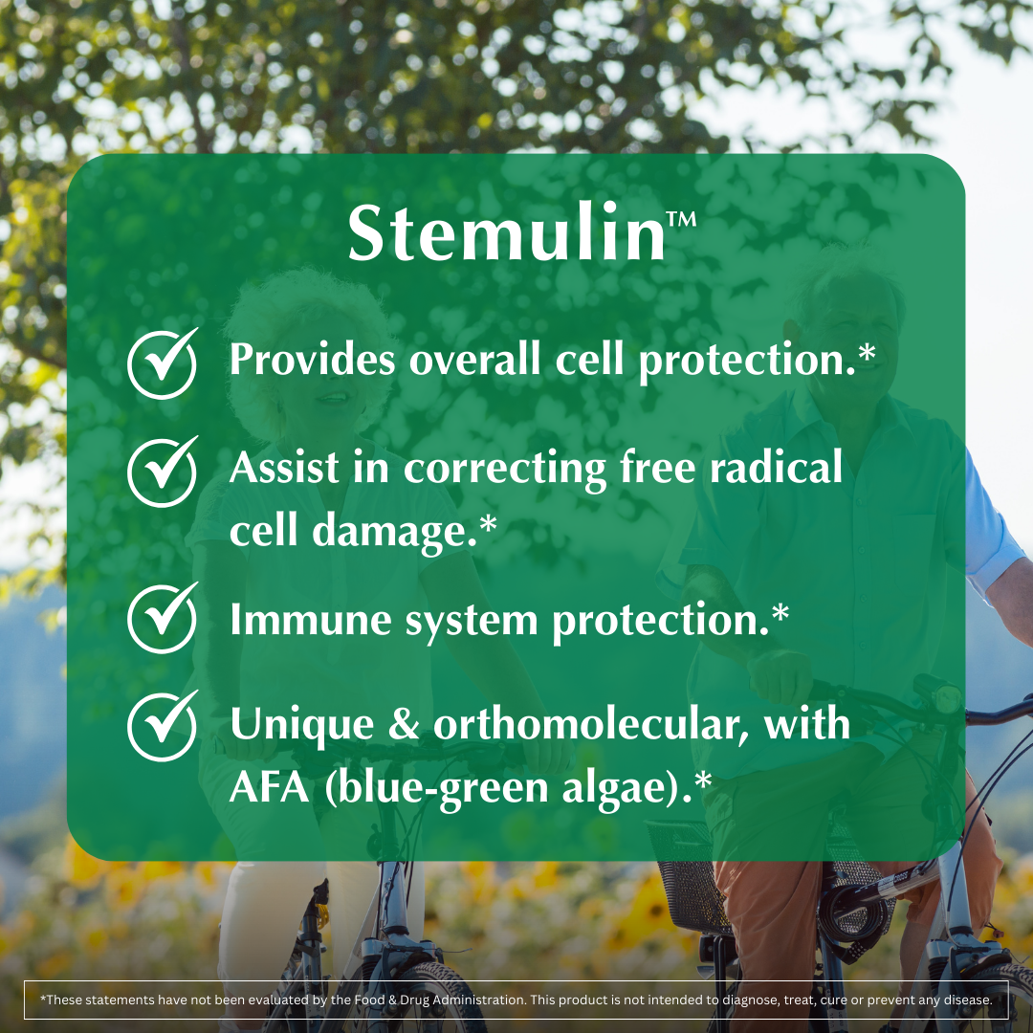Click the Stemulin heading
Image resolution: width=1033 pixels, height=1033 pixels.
click(x=507, y=233)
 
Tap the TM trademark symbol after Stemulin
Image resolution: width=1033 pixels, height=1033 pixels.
click(x=681, y=219)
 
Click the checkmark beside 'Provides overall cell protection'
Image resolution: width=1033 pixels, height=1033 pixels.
click(x=163, y=363)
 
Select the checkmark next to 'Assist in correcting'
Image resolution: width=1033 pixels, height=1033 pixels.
click(x=163, y=471)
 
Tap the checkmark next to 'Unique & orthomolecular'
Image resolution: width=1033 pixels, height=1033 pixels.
click(x=163, y=726)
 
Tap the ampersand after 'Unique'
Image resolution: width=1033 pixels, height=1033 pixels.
click(x=406, y=725)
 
